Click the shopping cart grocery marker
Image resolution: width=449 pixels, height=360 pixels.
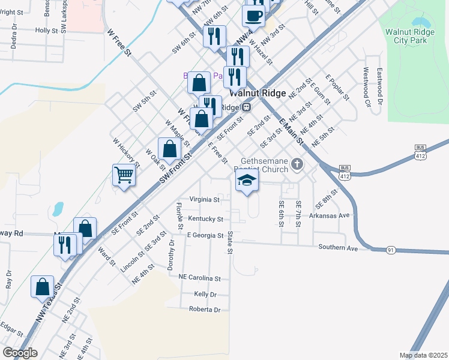124,175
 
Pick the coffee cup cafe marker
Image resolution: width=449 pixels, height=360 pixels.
253,16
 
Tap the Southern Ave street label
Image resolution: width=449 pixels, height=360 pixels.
338,247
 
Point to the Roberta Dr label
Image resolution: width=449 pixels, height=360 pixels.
205,310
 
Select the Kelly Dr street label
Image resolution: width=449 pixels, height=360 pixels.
205,294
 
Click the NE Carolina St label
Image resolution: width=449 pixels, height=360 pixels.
200,278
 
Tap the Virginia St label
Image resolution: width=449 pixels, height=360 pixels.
205,199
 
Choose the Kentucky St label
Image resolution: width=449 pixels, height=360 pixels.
205,219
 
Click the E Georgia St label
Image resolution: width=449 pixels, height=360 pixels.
205,235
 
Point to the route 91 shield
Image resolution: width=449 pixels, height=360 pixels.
390,250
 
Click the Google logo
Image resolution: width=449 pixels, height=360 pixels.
20,353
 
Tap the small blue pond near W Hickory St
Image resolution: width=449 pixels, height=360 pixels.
58,209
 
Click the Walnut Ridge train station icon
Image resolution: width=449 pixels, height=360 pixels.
246,107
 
